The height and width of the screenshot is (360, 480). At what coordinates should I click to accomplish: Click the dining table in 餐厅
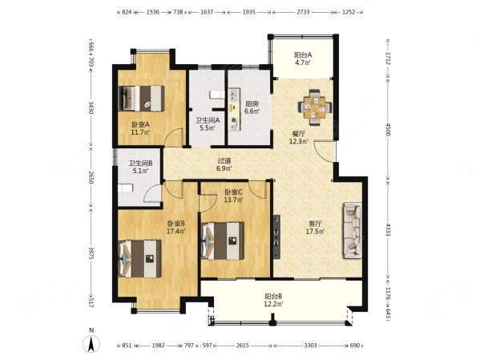pos(315,107)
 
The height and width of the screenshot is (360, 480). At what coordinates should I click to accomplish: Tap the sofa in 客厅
pos(353,231)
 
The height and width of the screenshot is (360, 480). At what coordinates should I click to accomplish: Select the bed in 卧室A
pos(141,98)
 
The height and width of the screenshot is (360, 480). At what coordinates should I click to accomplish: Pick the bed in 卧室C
pos(223,241)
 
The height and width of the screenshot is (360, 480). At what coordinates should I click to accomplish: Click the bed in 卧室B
pos(140,259)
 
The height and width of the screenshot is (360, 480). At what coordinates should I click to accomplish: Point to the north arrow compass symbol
pos(91,342)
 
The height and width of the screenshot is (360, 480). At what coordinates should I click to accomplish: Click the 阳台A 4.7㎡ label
pos(303,59)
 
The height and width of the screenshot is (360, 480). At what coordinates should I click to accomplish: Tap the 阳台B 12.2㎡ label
pos(273,300)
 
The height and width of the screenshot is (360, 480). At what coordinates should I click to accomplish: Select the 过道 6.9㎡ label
pos(224,164)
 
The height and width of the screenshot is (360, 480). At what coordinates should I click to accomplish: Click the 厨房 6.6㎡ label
pos(252,107)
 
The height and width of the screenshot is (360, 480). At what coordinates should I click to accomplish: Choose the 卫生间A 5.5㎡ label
pos(208,124)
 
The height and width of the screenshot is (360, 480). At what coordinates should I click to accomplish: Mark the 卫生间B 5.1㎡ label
pos(140,168)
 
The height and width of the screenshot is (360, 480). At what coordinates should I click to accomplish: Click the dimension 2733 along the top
pos(303,12)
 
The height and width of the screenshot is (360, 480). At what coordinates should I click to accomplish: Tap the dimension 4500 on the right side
pos(388,129)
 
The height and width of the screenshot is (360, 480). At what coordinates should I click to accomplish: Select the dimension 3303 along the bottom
pos(310,346)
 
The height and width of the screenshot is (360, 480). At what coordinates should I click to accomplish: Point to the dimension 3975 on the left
pos(91,253)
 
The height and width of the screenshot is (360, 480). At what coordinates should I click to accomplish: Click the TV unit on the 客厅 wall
pos(276,237)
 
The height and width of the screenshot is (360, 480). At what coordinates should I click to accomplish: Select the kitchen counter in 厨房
pos(234,110)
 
